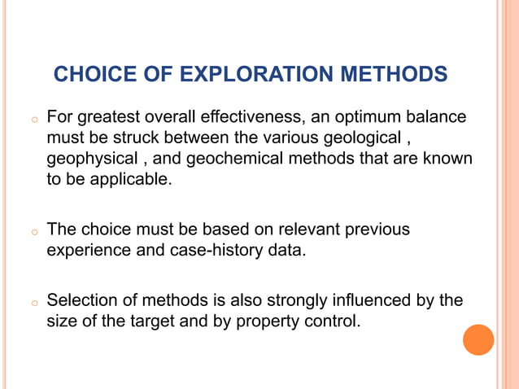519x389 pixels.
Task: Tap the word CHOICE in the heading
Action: (89, 75)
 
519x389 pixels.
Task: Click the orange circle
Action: (478, 340)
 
